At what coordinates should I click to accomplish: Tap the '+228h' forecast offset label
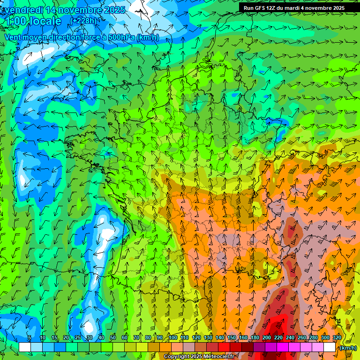click(84, 21)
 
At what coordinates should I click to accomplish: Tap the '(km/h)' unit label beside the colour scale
click(347, 347)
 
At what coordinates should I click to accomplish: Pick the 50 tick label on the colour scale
click(112, 338)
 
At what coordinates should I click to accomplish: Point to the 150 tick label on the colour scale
click(231, 338)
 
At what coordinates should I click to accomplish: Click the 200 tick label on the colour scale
click(267, 338)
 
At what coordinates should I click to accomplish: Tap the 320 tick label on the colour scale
click(337, 338)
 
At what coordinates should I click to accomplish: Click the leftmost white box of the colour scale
click(25, 347)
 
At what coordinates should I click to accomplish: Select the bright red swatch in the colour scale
click(224, 347)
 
